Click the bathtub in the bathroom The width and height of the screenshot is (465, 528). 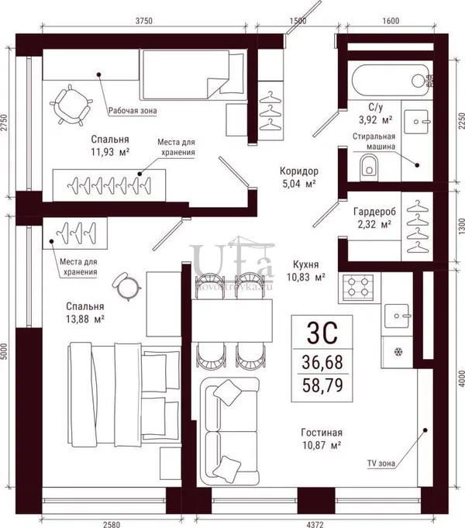point(391,80)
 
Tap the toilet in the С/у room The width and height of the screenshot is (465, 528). point(369,167)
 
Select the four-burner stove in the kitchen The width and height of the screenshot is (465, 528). point(358,287)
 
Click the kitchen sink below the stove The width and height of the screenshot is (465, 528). point(397,316)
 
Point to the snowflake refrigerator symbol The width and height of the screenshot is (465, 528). point(398,352)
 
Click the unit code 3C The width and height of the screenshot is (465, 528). point(322,333)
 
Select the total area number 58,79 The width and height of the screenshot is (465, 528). point(322,385)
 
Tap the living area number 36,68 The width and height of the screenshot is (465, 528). point(322,362)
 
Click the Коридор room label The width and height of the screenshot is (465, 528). point(299,171)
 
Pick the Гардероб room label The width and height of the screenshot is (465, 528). point(374,212)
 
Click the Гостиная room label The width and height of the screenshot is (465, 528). point(322,433)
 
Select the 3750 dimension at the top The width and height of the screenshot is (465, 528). point(144,21)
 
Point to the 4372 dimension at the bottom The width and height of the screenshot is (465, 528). point(315,524)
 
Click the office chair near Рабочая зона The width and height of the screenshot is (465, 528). point(71,105)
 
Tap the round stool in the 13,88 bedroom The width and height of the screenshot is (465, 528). point(126,286)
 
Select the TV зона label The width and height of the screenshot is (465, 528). point(381,464)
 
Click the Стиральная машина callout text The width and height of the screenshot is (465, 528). point(374,141)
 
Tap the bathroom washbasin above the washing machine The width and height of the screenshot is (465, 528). point(416,122)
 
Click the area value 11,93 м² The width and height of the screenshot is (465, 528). point(110,152)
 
